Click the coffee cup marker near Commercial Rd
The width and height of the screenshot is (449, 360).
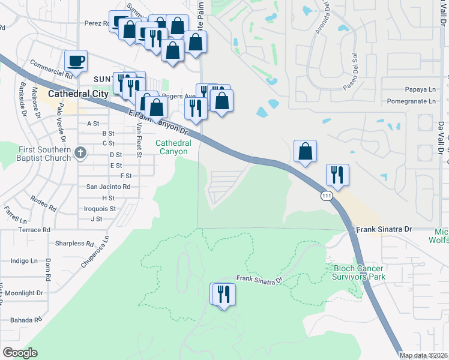tap(76, 61)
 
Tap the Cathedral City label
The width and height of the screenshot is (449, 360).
tap(78, 94)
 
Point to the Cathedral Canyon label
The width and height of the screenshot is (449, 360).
tap(173, 147)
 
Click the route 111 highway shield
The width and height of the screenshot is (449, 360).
tap(325, 196)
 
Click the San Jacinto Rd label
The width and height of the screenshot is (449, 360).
tap(109, 187)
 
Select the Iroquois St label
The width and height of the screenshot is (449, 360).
tap(101, 208)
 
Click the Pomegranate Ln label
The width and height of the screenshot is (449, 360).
tap(411, 101)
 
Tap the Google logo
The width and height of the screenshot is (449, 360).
tap(20, 353)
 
